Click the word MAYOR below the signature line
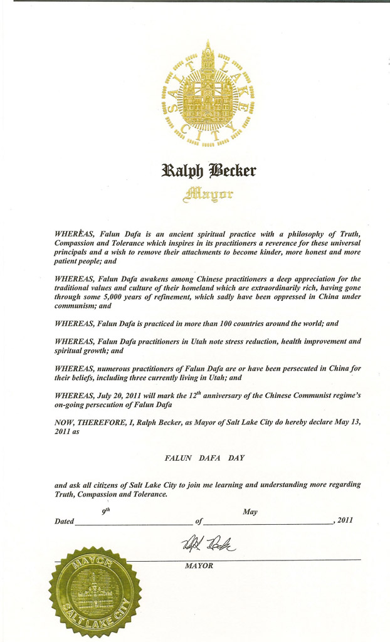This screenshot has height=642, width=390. (199, 566)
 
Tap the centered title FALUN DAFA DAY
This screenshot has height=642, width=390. (204, 458)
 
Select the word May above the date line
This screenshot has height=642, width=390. (250, 512)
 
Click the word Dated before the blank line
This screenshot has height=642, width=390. (65, 521)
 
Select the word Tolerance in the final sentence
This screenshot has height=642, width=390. (148, 494)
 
